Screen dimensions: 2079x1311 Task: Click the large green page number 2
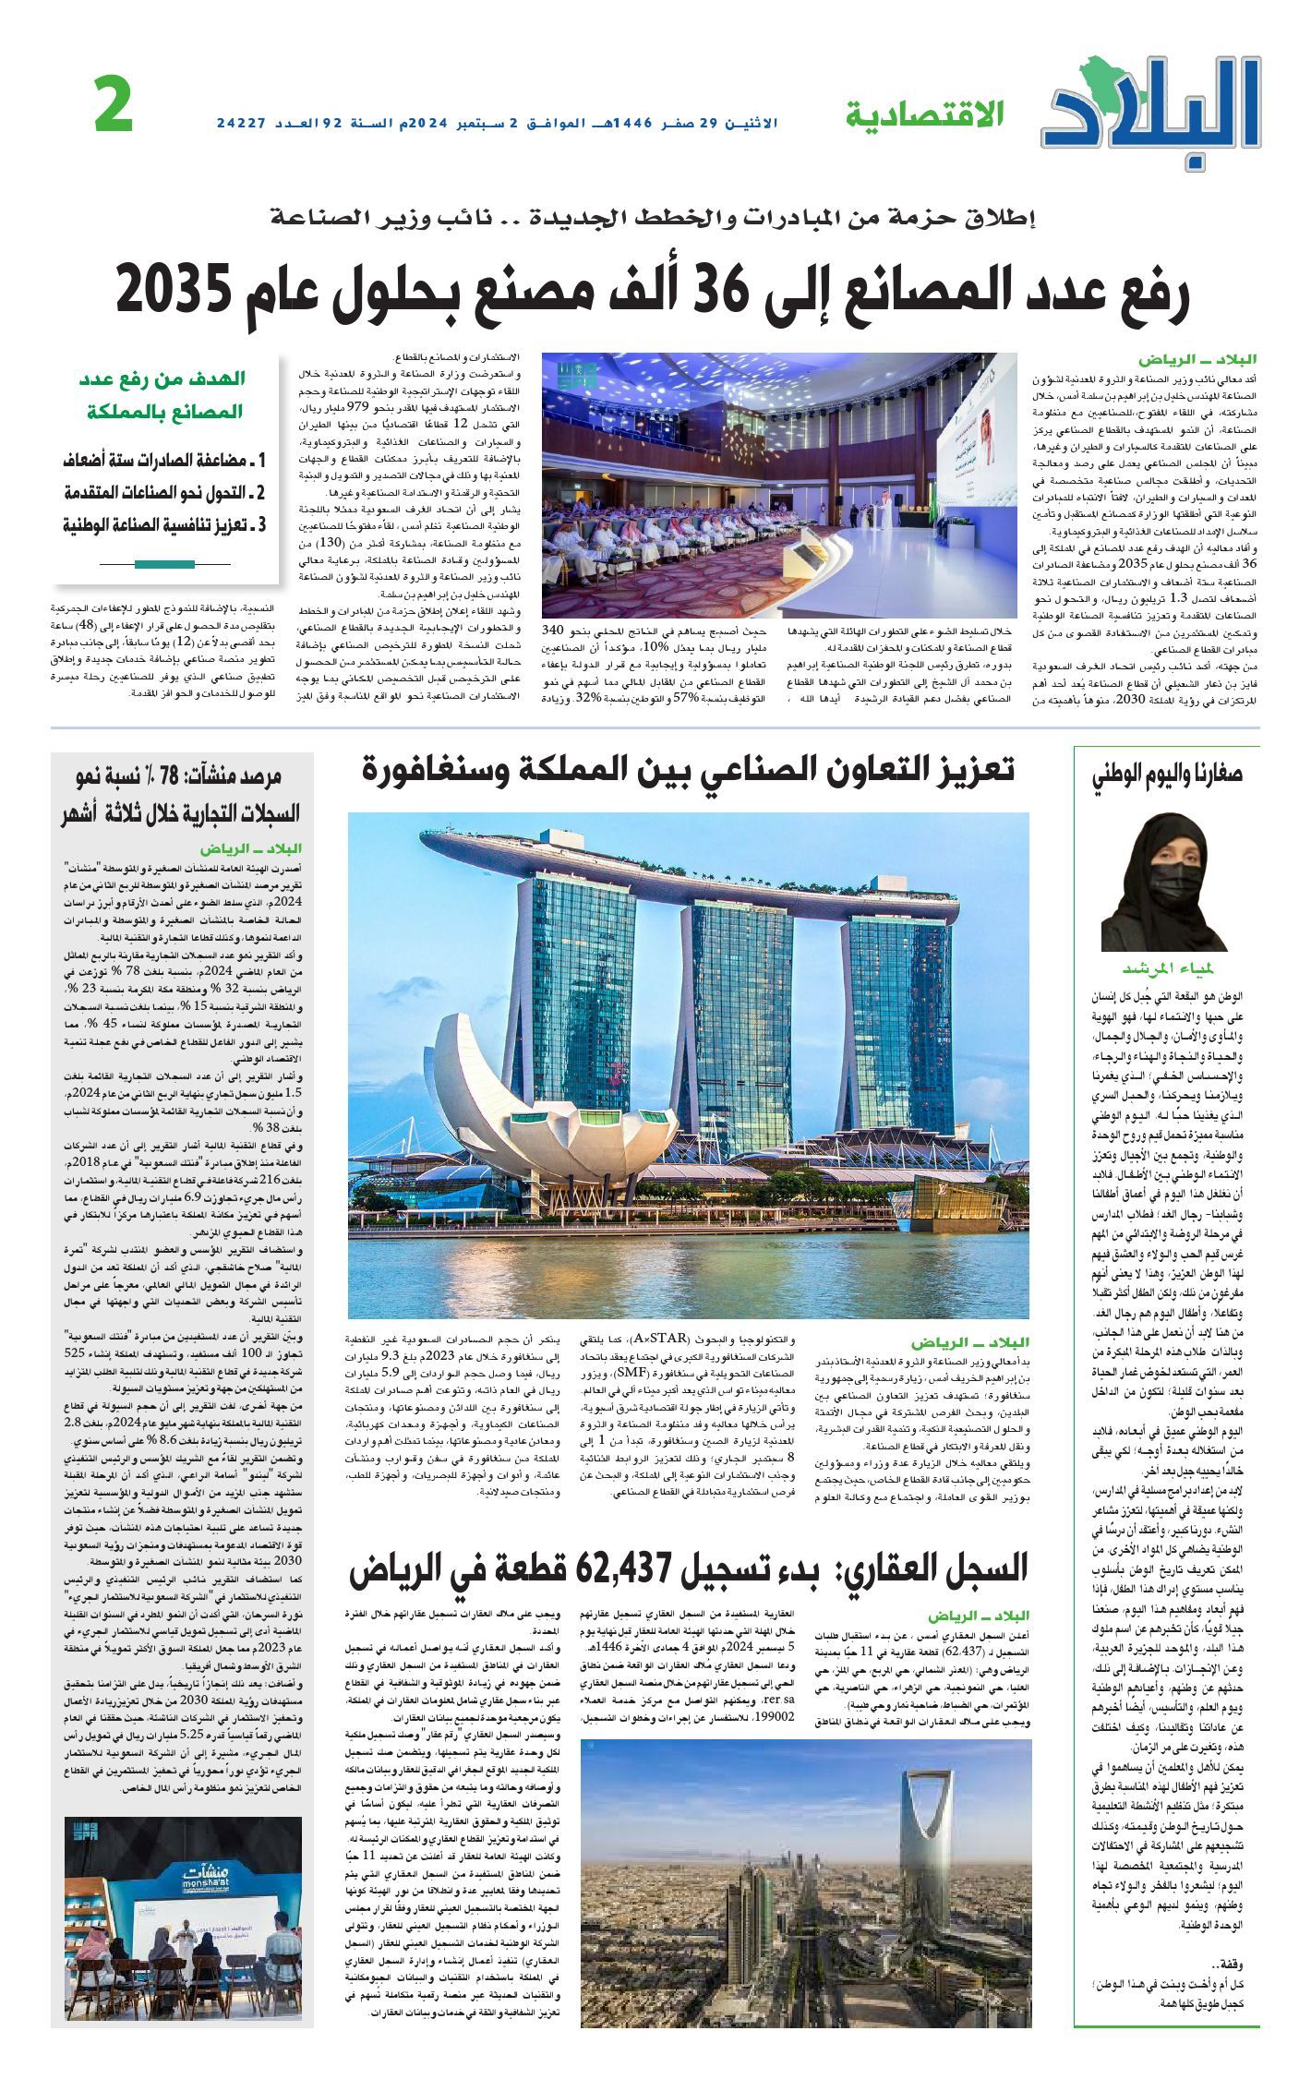114,106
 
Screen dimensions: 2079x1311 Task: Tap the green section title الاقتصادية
924,114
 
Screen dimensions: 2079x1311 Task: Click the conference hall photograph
778,484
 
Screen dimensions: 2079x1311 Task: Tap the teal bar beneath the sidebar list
164,564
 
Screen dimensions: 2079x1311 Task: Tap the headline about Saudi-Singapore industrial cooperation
688,769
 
